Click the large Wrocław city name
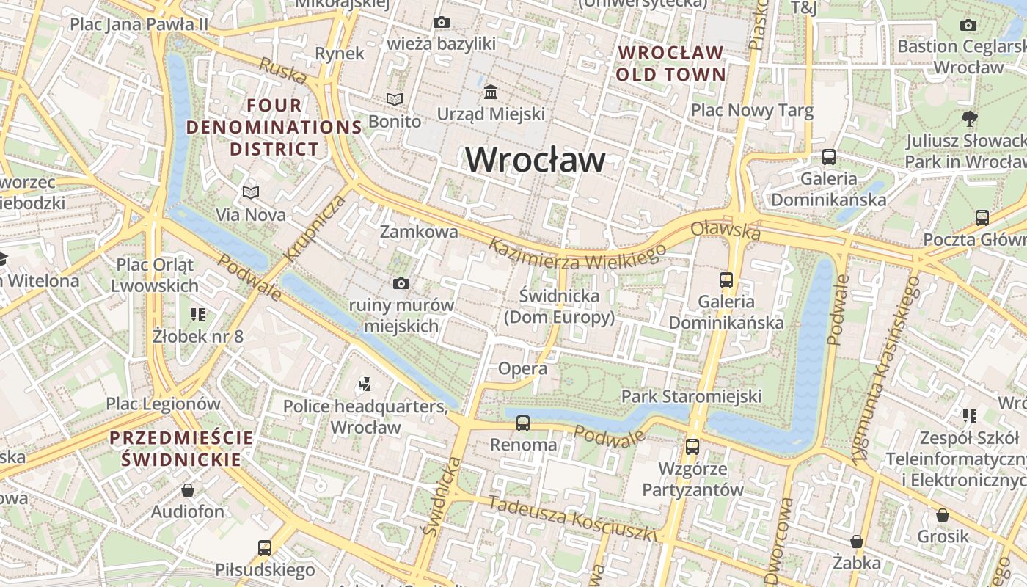coord(536,159)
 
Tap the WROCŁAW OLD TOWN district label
coord(670,63)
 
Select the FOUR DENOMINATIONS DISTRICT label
coord(274,127)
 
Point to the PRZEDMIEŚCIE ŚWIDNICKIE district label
coord(181,449)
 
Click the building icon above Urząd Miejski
coord(491,92)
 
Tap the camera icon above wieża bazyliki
coord(441,23)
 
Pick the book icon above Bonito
coord(395,99)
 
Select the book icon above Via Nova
coord(251,192)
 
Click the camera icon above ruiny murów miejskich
coord(401,283)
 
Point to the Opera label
coord(522,368)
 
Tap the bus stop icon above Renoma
coord(523,423)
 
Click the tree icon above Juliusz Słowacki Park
coord(969,118)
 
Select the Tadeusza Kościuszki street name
coord(572,519)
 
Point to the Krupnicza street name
coord(315,228)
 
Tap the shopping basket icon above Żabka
coord(856,542)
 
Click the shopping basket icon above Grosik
coord(943,515)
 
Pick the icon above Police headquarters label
coord(365,384)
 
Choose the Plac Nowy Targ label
coord(753,111)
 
